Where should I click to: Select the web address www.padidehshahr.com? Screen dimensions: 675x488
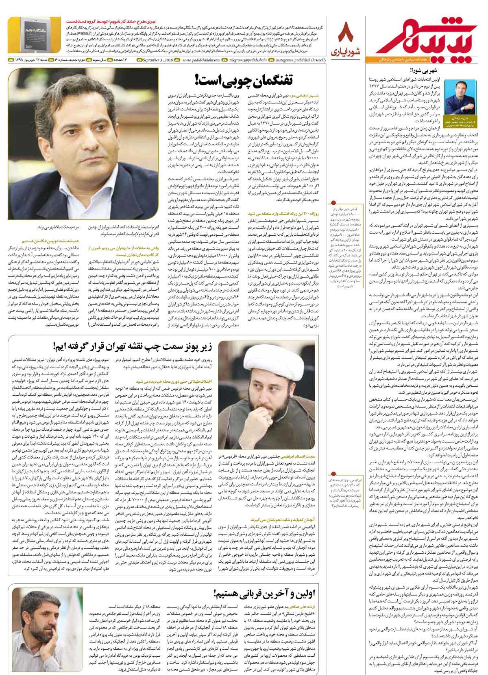click(201, 60)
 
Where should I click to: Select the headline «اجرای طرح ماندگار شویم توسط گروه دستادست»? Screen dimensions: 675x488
click(126, 20)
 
